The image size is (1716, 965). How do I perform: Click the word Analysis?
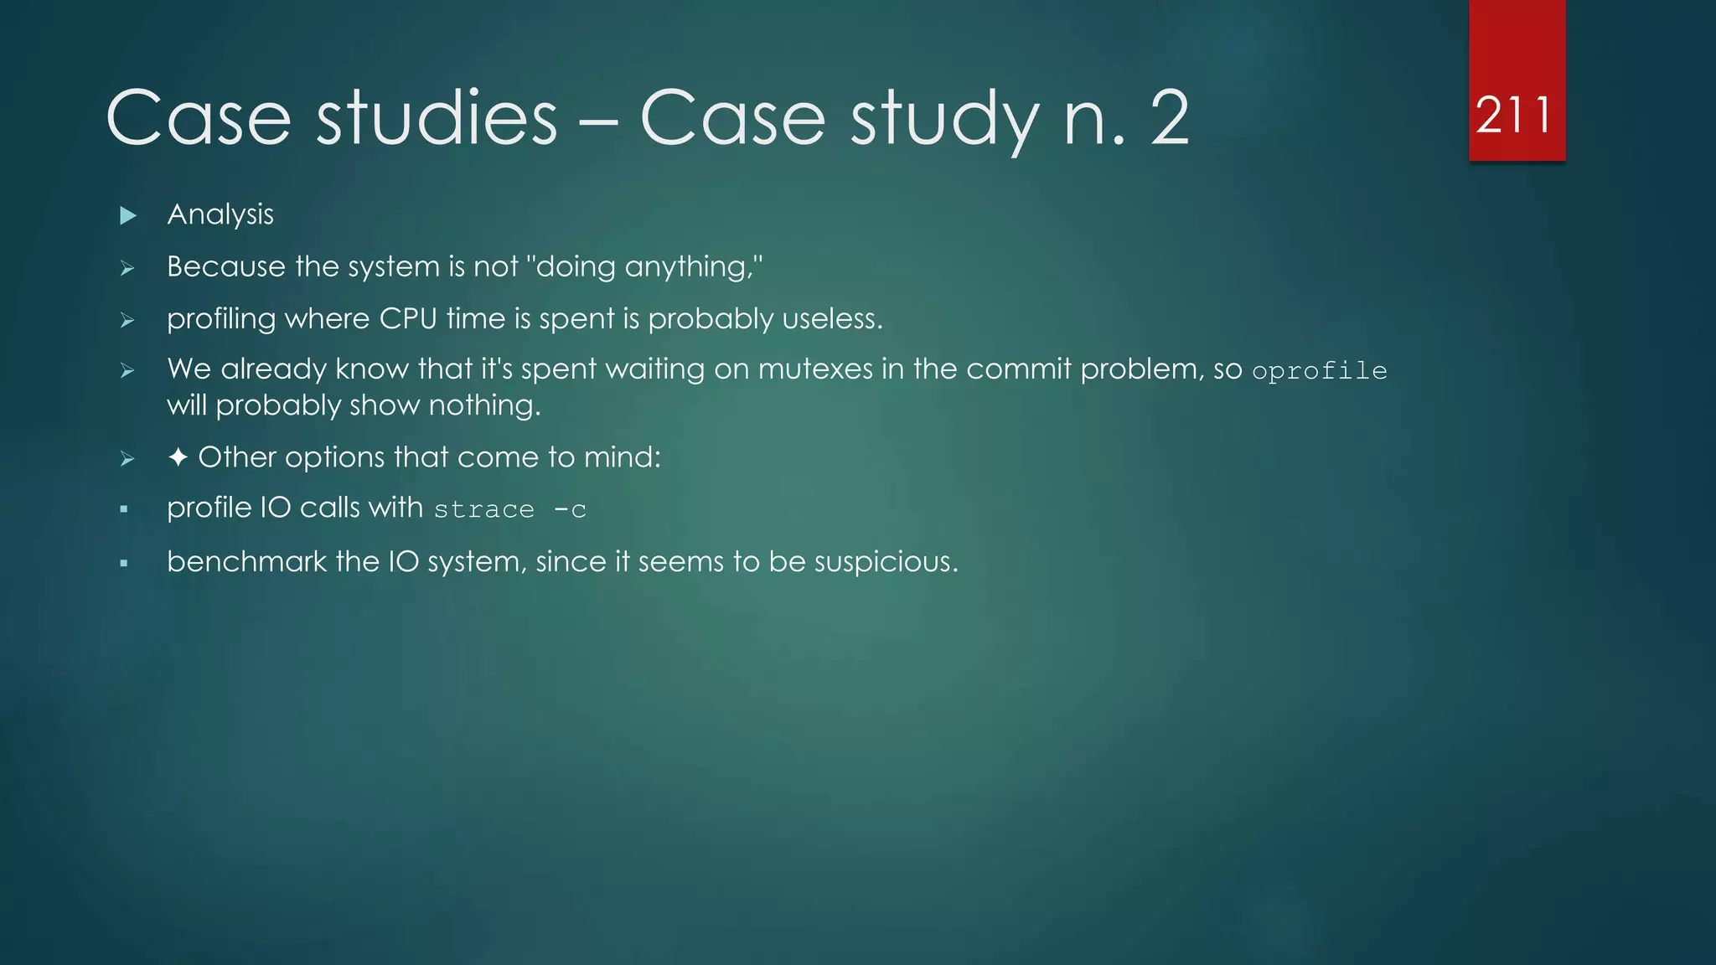click(220, 215)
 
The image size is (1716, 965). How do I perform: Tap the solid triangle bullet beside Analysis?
click(128, 216)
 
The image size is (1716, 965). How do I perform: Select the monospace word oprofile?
click(1319, 371)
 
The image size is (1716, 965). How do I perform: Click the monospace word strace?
click(483, 509)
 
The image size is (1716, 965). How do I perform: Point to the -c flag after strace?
click(570, 509)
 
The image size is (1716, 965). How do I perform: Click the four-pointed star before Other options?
click(178, 457)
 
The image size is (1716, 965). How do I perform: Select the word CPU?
click(408, 319)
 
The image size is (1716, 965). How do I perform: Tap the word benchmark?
click(246, 561)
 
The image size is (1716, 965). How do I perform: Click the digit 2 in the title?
click(1170, 118)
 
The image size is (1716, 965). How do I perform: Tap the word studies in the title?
click(437, 118)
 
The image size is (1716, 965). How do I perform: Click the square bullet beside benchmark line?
click(124, 564)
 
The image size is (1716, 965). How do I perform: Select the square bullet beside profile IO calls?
click(124, 509)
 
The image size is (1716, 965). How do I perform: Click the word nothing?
click(483, 406)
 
